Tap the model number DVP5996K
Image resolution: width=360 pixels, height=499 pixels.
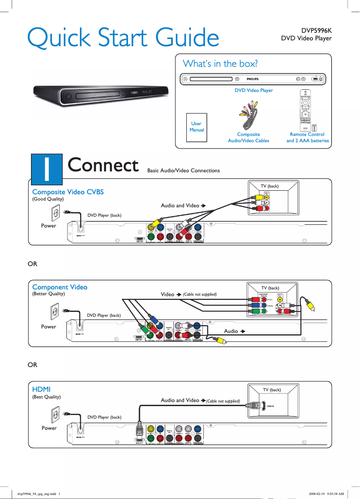coord(316,31)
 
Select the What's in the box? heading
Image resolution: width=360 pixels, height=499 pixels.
coord(220,63)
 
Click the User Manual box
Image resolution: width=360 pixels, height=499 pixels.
coord(197,127)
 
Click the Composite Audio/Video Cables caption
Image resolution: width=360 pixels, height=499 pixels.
coord(249,137)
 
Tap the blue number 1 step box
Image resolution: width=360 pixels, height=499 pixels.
coord(46,166)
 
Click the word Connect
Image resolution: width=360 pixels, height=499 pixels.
coord(103,165)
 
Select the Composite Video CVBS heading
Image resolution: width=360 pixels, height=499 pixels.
coord(68,192)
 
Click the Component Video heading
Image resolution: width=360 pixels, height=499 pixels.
coord(60,287)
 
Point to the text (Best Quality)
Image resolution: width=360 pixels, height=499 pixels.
coord(46,397)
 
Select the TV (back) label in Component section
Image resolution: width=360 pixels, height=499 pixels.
coord(270,288)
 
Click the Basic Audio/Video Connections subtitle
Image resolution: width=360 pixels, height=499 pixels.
coord(184,171)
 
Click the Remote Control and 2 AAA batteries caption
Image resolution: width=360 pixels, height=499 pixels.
coord(307,137)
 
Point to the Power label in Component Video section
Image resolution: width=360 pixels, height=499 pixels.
coord(48,327)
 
